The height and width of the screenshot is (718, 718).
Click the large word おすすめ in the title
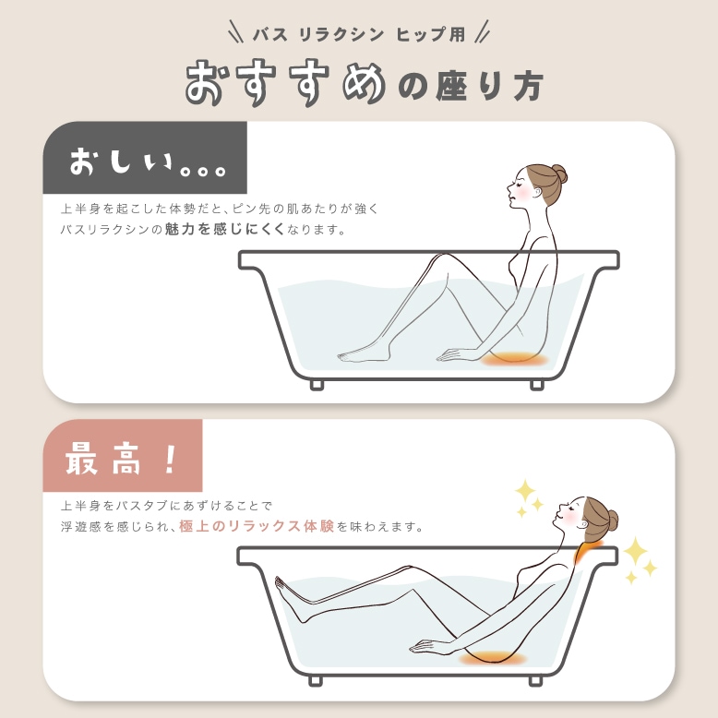(x=285, y=83)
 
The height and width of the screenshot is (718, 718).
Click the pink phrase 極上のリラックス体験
(x=256, y=527)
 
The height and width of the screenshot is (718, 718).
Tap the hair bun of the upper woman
(x=558, y=174)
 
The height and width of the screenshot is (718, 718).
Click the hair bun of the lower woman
(x=610, y=520)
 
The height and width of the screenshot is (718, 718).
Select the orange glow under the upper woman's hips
(x=515, y=358)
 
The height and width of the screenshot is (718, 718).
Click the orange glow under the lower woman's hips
(x=491, y=656)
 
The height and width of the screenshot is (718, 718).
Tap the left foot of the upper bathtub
(x=317, y=383)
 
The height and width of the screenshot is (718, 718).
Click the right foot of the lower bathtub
(x=536, y=681)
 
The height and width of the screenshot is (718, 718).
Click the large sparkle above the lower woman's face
(x=525, y=490)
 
